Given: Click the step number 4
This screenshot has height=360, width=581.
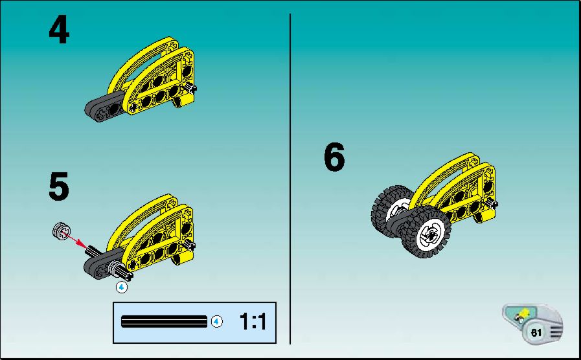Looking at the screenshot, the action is pos(60,30).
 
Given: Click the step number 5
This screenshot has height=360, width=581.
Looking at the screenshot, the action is pos(59,186).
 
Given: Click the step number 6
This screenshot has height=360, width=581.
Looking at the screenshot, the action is pos(334,157).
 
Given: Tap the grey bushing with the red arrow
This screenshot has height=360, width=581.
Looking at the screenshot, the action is pos(60,232).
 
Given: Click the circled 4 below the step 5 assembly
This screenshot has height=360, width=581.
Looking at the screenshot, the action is pos(122,287).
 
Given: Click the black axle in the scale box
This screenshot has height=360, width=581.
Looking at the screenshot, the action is pos(164,322).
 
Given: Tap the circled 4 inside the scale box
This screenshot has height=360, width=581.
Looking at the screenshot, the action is pos(217,322).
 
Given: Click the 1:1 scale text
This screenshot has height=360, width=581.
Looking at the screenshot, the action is pos(253,321).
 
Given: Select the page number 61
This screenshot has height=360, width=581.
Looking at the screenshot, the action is pos(536,333).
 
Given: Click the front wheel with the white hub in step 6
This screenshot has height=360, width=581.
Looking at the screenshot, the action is pos(427,232).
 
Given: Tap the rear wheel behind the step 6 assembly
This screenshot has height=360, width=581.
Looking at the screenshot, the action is pos(391,208).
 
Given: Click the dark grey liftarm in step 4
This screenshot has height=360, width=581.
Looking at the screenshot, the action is pos(104,107).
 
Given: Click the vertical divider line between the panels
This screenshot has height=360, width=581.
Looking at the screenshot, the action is pos(290,179).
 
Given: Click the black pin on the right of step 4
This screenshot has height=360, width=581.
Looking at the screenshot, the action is pos(190,88).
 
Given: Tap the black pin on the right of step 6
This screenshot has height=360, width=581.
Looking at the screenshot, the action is pos(492,203).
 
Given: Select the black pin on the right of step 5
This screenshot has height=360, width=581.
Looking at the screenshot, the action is pos(189,245).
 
